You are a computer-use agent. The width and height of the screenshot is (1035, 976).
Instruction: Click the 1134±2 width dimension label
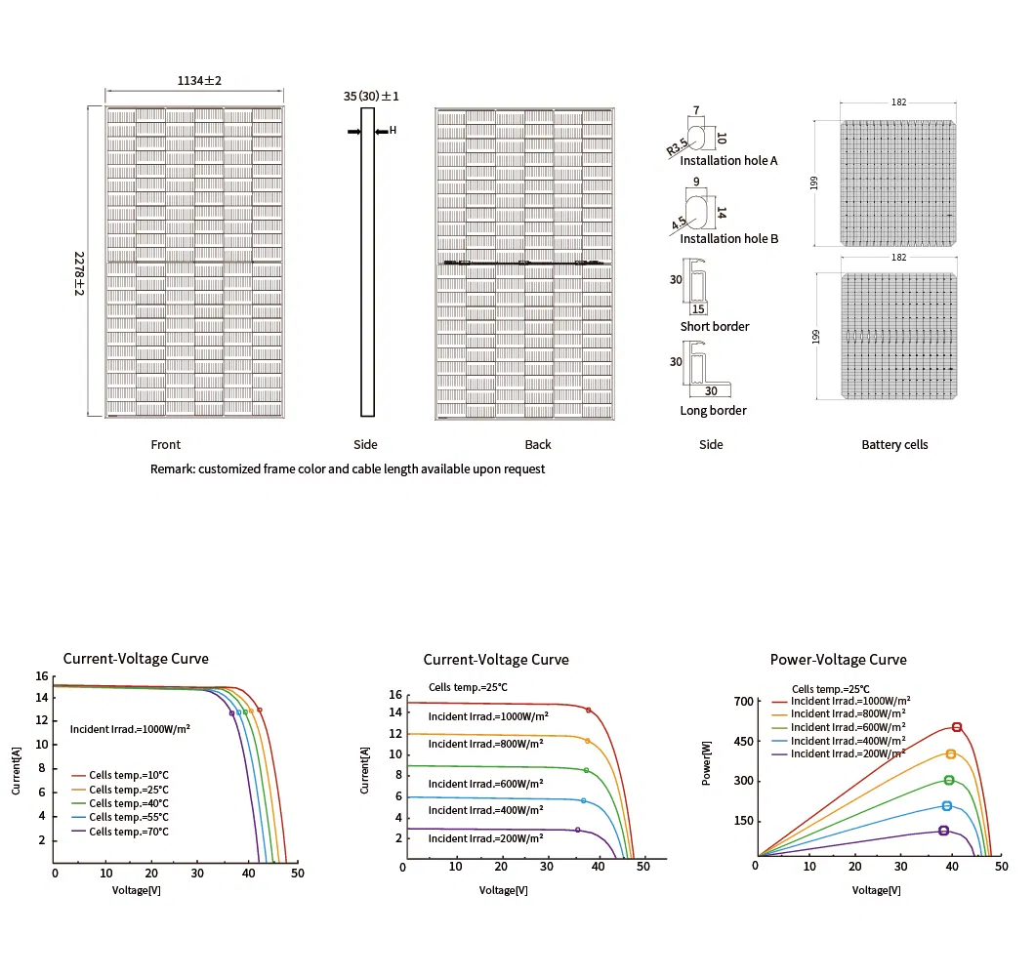point(199,81)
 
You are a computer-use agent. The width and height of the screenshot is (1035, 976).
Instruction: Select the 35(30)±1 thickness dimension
point(371,96)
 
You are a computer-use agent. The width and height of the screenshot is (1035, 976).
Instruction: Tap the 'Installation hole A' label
point(728,160)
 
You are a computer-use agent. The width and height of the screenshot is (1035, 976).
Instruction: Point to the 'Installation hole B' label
point(728,238)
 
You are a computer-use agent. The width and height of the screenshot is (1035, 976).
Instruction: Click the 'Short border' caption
point(715,326)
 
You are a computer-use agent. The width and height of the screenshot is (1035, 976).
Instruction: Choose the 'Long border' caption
point(713,410)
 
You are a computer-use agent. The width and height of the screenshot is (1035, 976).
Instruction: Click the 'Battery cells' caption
point(894,444)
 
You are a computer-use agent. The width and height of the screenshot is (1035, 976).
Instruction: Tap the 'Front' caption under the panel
point(166,444)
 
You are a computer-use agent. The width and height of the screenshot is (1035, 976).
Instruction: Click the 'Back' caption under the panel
point(538,444)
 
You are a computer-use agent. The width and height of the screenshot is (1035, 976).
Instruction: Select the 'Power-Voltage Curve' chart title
point(838,660)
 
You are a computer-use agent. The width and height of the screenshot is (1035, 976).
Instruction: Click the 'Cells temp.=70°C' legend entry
point(128,832)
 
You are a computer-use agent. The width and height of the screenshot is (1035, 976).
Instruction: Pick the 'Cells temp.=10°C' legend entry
point(128,776)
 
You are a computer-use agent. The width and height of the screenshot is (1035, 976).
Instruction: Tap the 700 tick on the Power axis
point(744,702)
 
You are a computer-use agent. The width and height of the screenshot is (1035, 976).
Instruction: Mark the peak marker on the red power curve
point(957,727)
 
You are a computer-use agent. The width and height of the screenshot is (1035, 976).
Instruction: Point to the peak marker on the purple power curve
point(943,831)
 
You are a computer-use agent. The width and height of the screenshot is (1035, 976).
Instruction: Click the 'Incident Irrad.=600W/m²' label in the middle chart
point(485,784)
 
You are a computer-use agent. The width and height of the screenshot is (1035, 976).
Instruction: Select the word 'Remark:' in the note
point(172,468)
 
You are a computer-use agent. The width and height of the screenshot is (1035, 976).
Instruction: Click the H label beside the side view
point(393,130)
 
